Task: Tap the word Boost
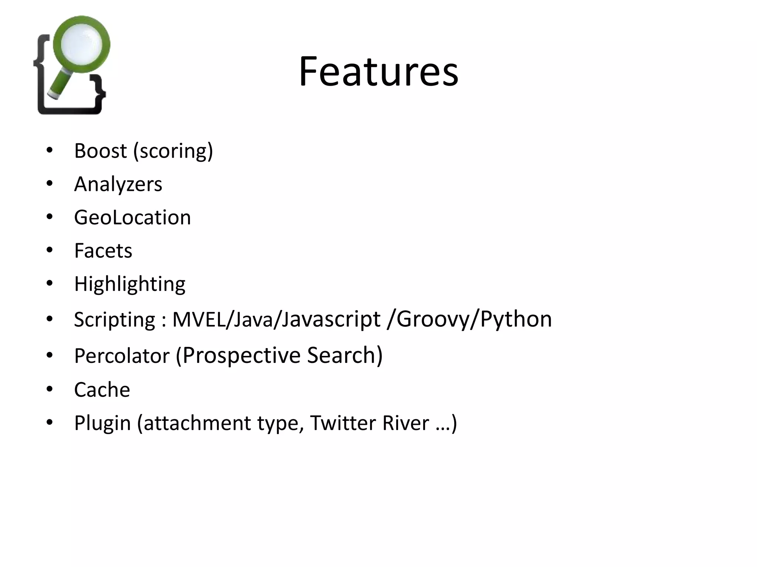click(x=100, y=151)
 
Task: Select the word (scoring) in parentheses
click(x=173, y=151)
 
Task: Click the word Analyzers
click(x=118, y=184)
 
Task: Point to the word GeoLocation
click(x=132, y=217)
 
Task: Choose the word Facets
click(x=103, y=251)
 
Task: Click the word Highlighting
click(x=129, y=284)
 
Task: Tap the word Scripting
click(x=114, y=319)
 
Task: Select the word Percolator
click(x=122, y=355)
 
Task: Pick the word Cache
click(x=102, y=389)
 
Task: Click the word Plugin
click(x=102, y=423)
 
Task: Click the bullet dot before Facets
click(x=50, y=250)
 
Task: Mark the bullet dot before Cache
click(x=50, y=389)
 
